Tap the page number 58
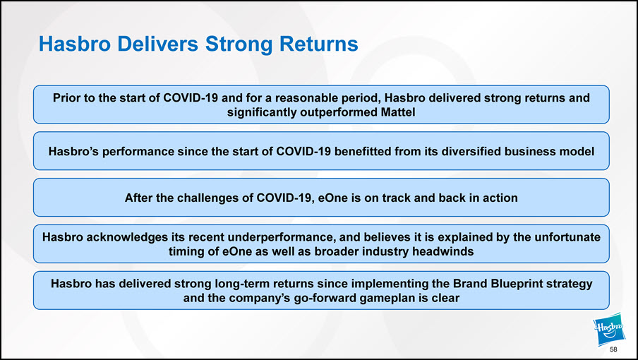pos(613,349)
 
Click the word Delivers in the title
pos(158,44)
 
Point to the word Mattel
pos(398,112)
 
